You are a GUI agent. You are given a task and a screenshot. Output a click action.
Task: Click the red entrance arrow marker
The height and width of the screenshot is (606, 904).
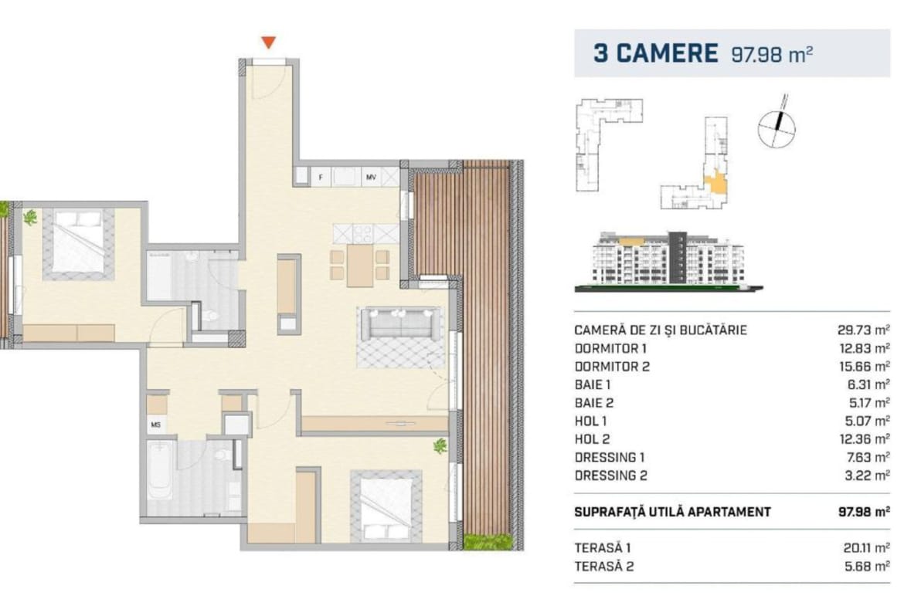point(269,42)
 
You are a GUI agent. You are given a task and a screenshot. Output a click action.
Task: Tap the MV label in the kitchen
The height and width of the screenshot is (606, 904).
point(372,178)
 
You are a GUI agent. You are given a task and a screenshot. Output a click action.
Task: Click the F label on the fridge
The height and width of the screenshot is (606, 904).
point(321,178)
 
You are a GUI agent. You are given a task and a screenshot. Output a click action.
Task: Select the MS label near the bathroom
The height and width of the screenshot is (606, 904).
point(155,425)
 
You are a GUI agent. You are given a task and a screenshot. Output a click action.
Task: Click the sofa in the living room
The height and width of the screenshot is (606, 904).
point(401,324)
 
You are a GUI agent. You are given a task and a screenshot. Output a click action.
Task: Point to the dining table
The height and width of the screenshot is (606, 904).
point(360,266)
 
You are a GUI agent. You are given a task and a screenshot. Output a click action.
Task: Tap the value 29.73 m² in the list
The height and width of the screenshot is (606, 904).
point(863,330)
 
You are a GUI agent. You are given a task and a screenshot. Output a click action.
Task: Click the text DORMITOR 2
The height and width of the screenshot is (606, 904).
point(612,367)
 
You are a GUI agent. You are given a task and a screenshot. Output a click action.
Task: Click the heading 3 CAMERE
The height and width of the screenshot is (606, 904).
point(655,53)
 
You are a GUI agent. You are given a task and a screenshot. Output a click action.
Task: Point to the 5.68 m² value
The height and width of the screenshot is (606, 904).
point(867,567)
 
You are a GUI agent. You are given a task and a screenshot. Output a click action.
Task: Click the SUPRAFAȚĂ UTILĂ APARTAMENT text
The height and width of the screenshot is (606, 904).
point(672,512)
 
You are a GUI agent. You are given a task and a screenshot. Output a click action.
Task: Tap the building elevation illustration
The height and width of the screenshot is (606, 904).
point(669,260)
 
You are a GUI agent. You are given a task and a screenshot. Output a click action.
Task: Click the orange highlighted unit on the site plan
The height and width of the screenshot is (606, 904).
point(717,183)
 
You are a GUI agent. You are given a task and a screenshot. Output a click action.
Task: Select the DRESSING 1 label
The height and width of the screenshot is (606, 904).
point(610,457)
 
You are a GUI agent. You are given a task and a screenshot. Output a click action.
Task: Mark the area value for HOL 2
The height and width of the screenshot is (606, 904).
point(865,439)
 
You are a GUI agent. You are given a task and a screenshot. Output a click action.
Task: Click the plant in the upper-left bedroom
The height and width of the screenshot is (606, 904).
point(29,217)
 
